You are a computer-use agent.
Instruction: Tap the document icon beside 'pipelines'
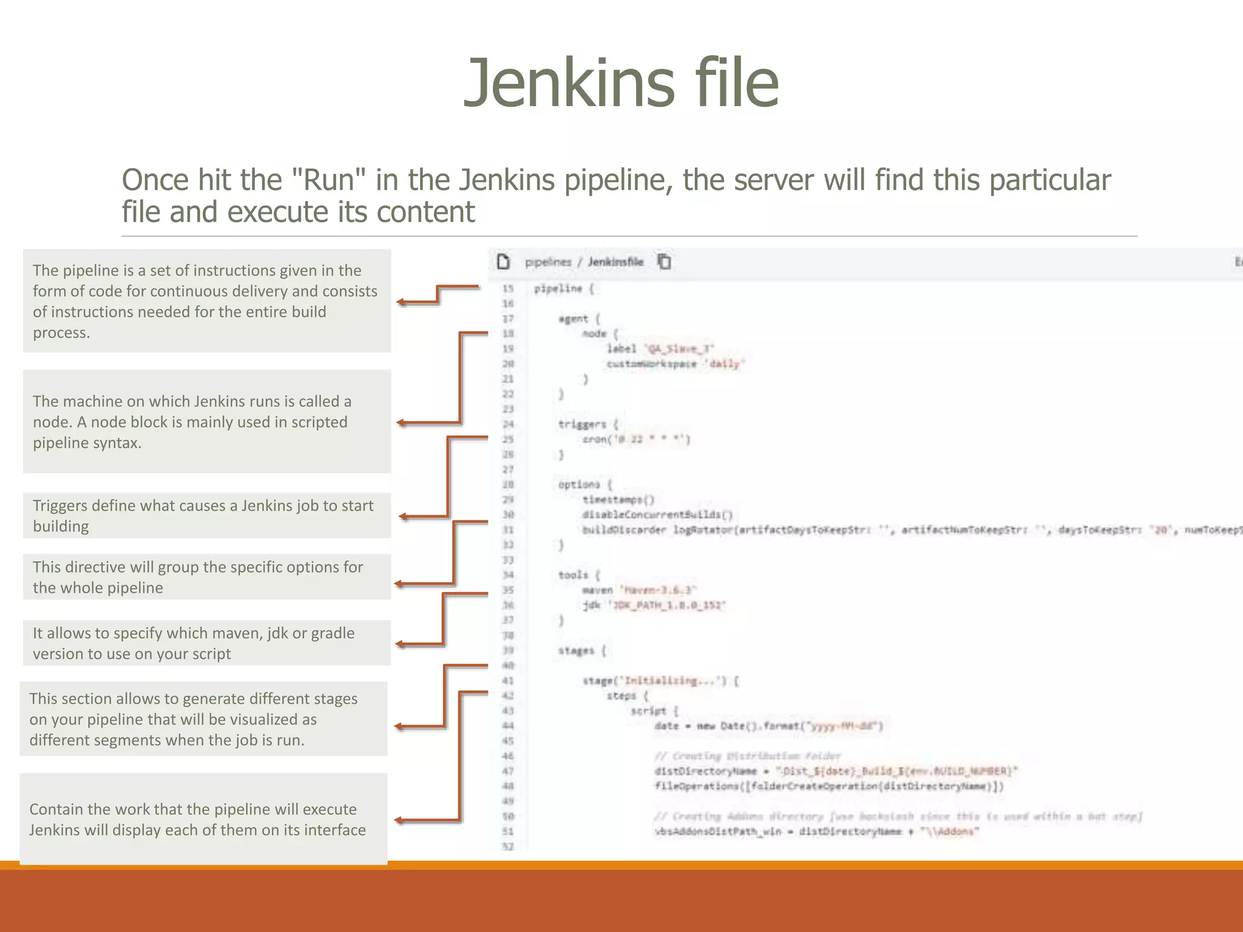(x=503, y=262)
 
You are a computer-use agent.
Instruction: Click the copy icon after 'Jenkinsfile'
(x=665, y=262)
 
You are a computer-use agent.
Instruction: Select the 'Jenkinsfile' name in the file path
(x=615, y=262)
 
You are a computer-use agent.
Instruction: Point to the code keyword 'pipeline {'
(x=564, y=289)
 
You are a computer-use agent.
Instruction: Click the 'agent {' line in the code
(x=579, y=319)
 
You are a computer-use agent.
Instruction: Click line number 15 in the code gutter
(x=507, y=289)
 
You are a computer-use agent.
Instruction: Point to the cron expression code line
(x=635, y=439)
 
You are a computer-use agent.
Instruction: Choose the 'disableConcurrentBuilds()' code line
(x=657, y=515)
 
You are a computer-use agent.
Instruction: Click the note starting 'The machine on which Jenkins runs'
(x=207, y=422)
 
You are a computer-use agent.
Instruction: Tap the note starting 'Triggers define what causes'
(x=207, y=516)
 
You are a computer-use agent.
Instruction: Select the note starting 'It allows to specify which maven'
(x=207, y=643)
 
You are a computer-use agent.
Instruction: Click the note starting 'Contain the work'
(x=203, y=819)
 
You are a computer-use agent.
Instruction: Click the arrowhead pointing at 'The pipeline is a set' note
(x=401, y=302)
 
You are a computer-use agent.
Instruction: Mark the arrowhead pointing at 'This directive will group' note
(x=399, y=584)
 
